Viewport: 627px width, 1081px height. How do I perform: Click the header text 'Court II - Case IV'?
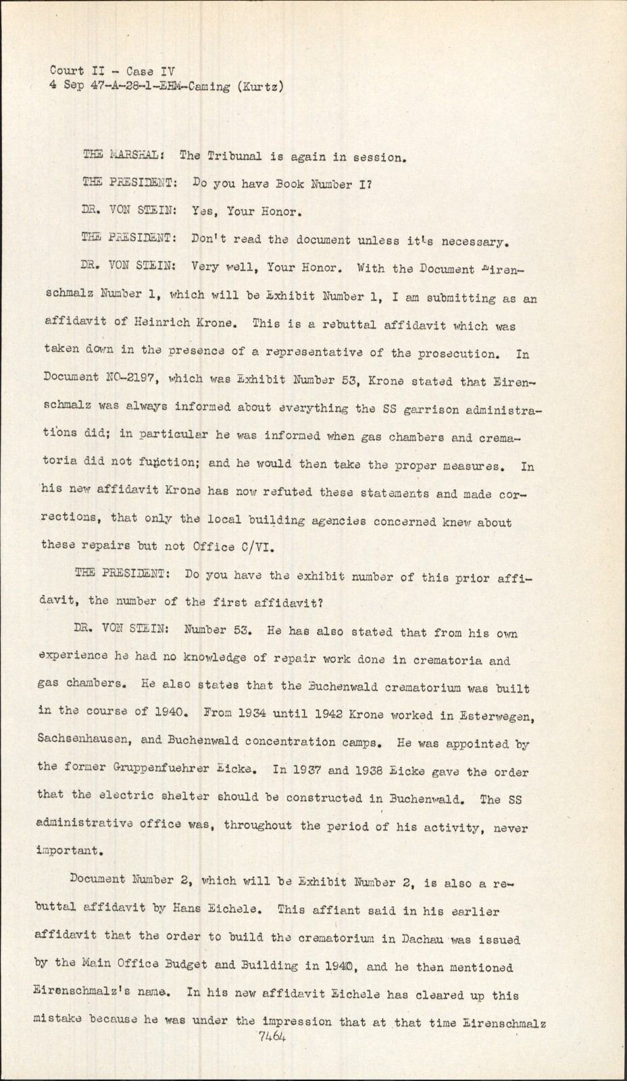tap(111, 70)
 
